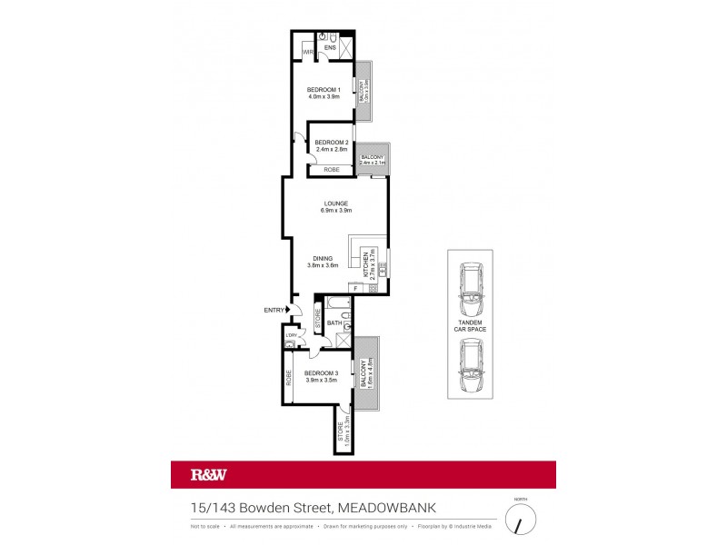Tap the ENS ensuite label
331,48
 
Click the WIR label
309,53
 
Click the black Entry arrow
288,311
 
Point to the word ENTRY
274,311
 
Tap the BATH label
334,322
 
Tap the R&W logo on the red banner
208,474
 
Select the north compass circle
521,520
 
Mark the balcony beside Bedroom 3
367,373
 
